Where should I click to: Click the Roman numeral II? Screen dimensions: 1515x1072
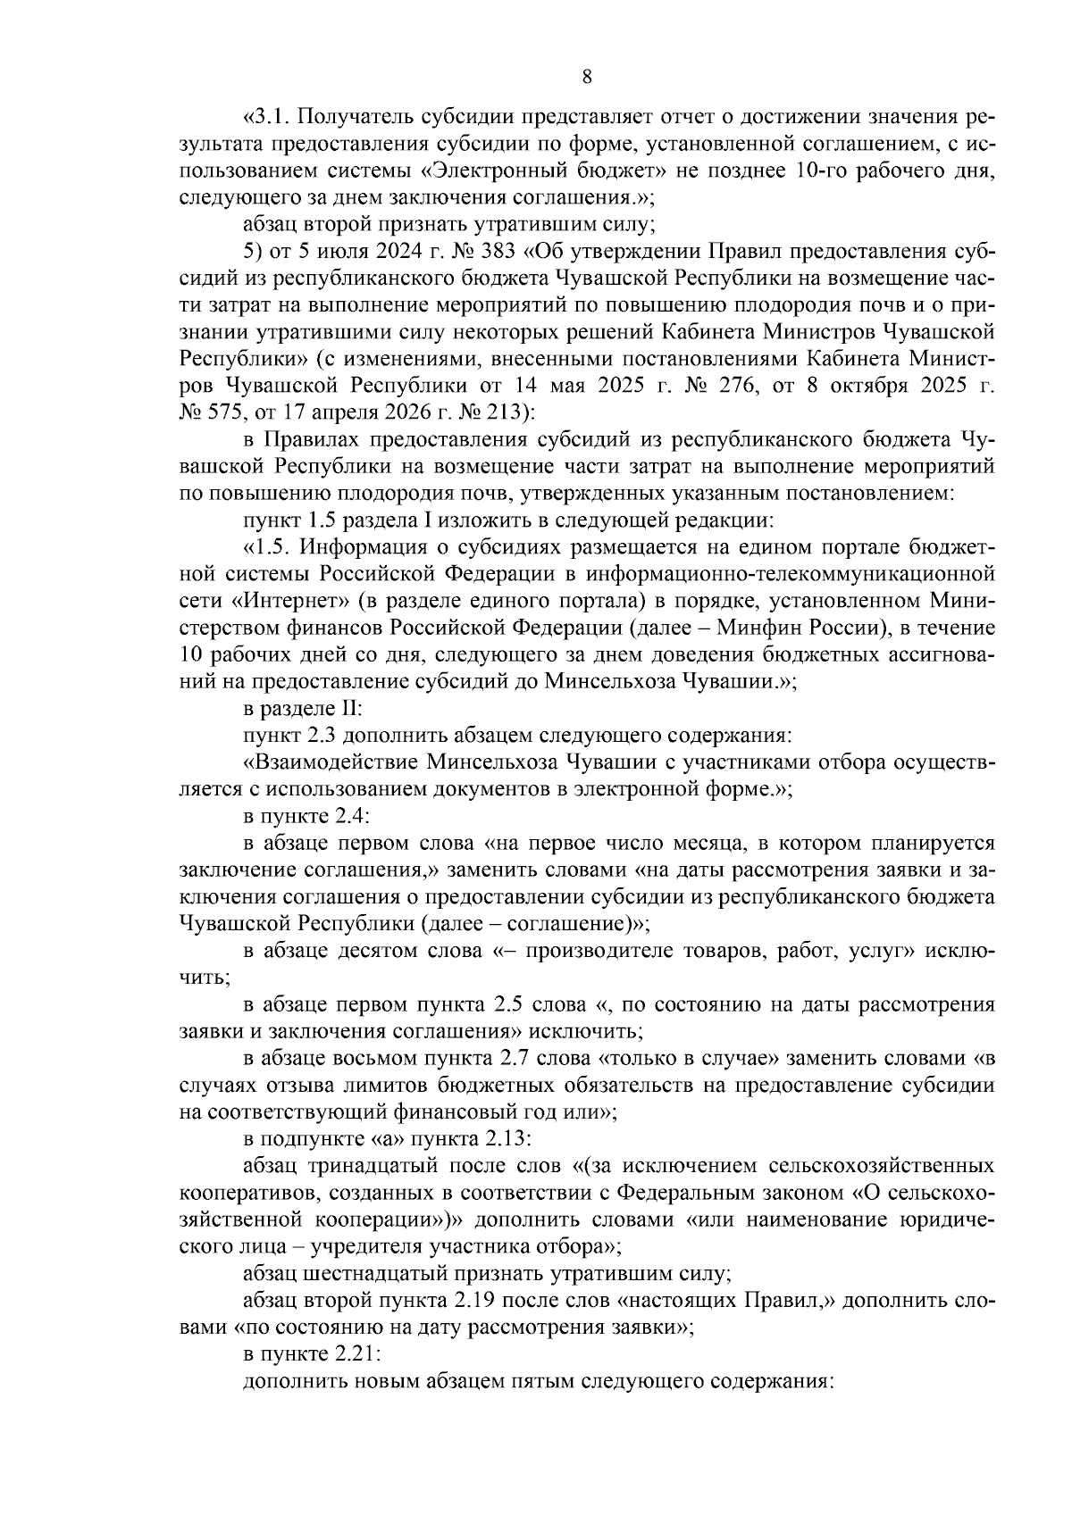pyautogui.click(x=348, y=709)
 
